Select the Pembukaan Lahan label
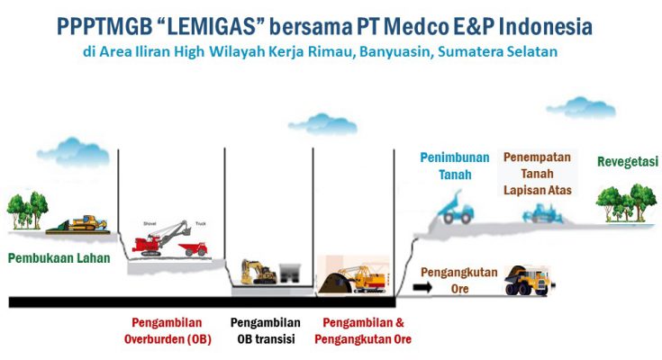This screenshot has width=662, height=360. (59, 258)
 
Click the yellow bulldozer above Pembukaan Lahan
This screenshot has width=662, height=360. (83, 224)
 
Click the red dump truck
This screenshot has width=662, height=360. (194, 248)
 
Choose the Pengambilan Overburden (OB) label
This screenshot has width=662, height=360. (168, 331)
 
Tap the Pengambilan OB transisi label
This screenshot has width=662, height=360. (266, 331)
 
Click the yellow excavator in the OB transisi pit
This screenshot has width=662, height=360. (258, 272)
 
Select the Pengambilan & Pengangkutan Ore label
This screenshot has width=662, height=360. (363, 331)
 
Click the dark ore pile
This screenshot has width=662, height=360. (336, 283)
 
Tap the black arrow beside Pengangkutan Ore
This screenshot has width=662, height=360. (422, 287)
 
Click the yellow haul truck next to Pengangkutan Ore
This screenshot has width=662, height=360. (529, 280)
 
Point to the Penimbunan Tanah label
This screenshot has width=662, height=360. (455, 166)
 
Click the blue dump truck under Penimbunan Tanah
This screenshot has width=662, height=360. (455, 209)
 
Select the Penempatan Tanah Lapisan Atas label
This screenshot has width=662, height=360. (538, 174)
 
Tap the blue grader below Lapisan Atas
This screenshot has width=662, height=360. (543, 213)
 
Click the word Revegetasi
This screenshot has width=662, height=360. (628, 162)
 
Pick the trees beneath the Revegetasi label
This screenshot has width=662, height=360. (621, 203)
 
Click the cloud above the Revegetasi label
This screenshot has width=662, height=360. (581, 107)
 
